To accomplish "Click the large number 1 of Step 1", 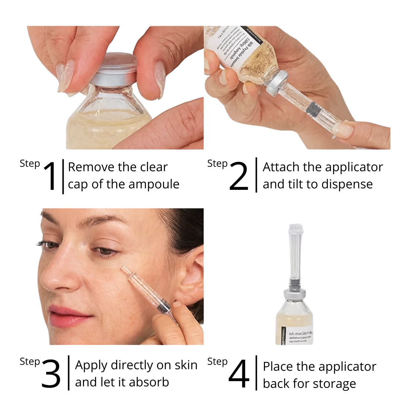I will click(50, 176).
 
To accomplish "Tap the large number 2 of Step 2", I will click(238, 176).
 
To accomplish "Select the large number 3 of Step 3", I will click(51, 374).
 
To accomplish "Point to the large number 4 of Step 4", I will click(239, 374).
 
